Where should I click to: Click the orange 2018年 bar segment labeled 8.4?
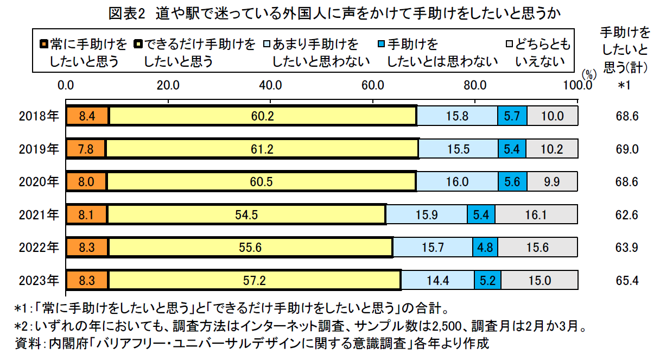coord(87,116)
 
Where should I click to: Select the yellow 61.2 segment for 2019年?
coord(262,149)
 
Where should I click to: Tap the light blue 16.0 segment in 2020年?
coord(457,181)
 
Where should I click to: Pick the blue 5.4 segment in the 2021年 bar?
coord(481,214)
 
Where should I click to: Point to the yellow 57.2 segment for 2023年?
coord(254,280)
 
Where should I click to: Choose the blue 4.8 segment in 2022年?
coord(485,248)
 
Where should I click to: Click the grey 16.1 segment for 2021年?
coord(536,214)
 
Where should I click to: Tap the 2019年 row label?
coord(38,149)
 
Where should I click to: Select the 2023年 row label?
coord(38,280)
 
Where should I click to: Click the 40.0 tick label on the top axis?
coord(270,85)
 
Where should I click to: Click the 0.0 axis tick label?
coord(66,85)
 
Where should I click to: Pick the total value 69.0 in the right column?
coord(627,149)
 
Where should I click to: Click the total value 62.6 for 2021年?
coord(627,214)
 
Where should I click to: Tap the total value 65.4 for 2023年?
coord(627,280)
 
